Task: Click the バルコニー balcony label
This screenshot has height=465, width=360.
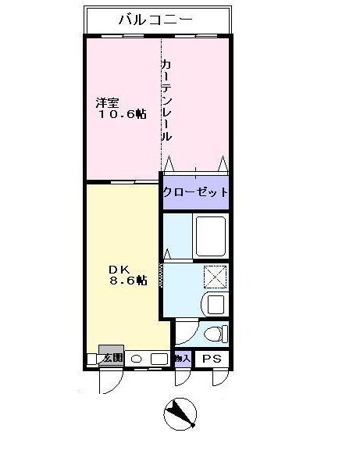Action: pos(155,20)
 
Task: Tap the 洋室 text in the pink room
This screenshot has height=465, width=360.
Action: pos(108,102)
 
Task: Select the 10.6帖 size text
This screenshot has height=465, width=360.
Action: pos(122,115)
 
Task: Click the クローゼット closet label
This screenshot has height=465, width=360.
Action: pos(195,192)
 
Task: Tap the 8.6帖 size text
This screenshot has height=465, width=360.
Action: pos(127,280)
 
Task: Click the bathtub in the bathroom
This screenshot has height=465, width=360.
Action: pos(211,235)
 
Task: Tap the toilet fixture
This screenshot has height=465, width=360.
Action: pos(213,334)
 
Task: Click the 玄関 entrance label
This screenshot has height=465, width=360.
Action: pos(112,358)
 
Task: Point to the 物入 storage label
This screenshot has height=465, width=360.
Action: pos(182,359)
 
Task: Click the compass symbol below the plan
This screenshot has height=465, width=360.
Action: pos(181,413)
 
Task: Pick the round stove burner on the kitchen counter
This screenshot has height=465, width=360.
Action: pos(137,359)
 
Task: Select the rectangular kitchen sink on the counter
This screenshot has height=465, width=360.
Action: pos(159,359)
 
